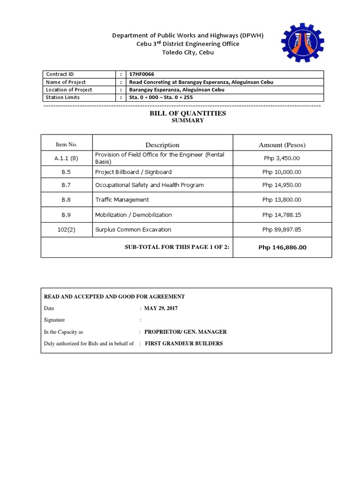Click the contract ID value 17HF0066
142,74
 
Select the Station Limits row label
63,97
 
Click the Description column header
162,145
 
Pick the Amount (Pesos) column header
282,145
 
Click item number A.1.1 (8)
66,158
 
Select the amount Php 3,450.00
282,158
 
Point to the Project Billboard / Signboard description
133,172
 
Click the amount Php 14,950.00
282,185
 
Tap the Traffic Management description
122,200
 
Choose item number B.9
66,215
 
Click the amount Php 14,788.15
282,215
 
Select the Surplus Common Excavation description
133,230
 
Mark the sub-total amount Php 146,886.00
282,247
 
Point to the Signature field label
54,320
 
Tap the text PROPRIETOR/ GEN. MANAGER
185,332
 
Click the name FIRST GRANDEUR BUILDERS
184,344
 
